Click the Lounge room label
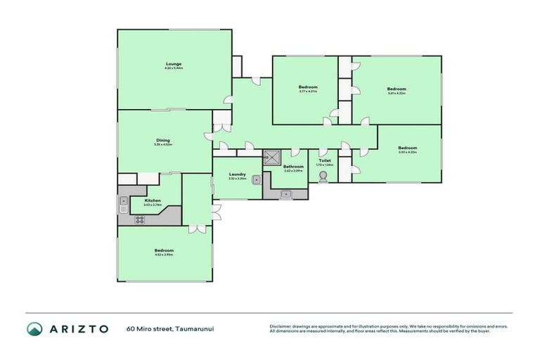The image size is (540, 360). [x=174, y=64]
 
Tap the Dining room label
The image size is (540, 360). [x=163, y=140]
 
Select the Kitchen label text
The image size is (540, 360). [x=153, y=200]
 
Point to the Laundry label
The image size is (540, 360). [x=237, y=174]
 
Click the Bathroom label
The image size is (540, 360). [x=293, y=166]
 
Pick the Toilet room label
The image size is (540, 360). [x=323, y=160]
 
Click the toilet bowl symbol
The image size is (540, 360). [x=323, y=176]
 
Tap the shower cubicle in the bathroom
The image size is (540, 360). [x=272, y=157]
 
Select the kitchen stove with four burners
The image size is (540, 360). [x=139, y=219]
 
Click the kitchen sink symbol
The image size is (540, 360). [x=122, y=205]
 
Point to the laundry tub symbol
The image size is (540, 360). [x=257, y=179]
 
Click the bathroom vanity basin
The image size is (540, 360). [x=285, y=194]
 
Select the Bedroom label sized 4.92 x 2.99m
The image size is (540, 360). [x=164, y=250]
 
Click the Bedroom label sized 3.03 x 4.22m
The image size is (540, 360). [x=407, y=148]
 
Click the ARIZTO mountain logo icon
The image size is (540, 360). [x=34, y=328]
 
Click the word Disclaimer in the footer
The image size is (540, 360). [x=281, y=326]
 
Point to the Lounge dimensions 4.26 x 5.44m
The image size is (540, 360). [x=174, y=69]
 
